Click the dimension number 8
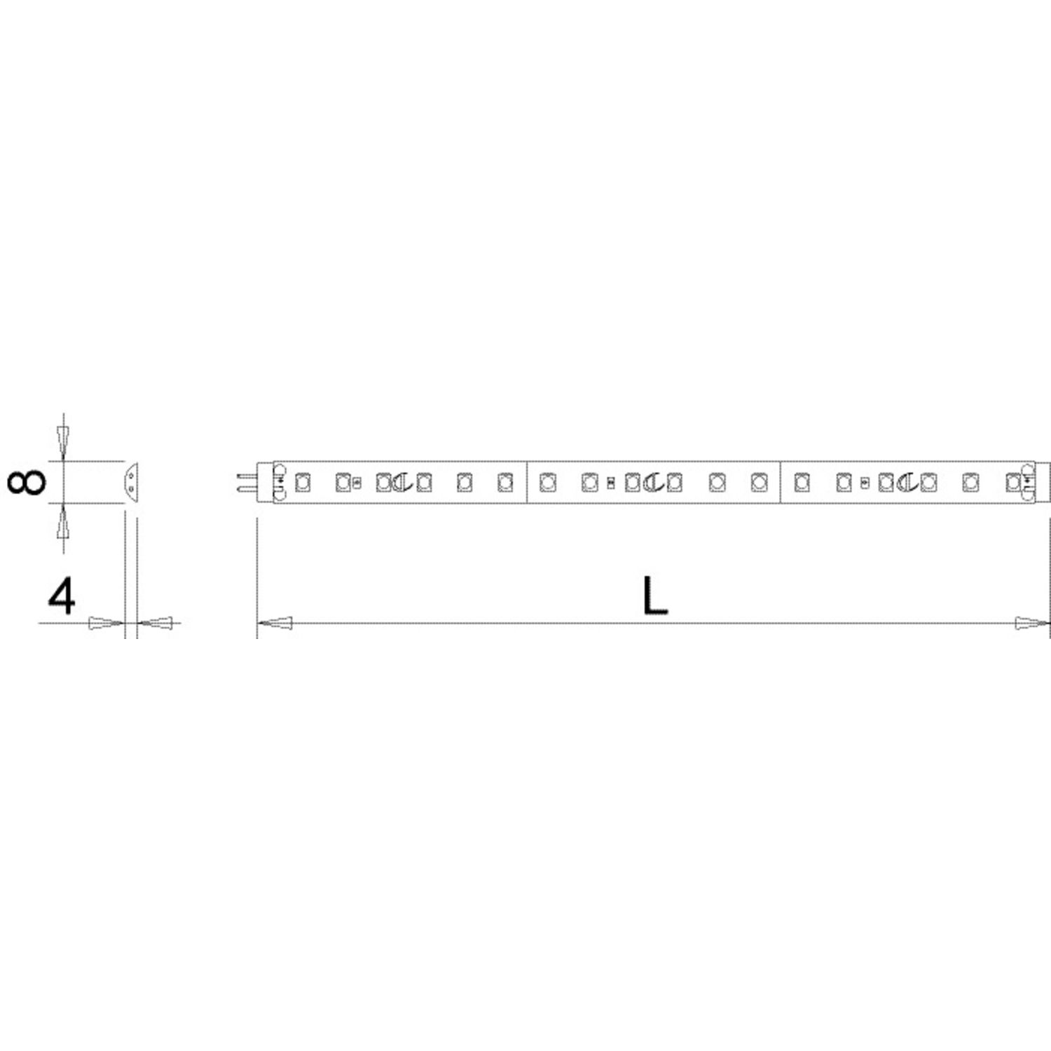(x=26, y=482)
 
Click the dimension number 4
(x=62, y=598)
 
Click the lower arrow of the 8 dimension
(x=63, y=523)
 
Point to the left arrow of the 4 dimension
(x=106, y=622)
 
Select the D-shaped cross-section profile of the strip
(x=131, y=481)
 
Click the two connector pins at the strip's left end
(x=247, y=482)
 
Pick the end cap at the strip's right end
(x=1043, y=482)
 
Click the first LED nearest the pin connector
(x=303, y=482)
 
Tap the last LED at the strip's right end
(x=1012, y=482)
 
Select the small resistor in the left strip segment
(x=357, y=482)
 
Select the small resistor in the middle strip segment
(x=610, y=482)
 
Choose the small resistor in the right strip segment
(x=865, y=482)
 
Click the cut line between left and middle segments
(x=526, y=482)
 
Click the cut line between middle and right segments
(x=781, y=482)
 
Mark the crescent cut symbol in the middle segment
(x=652, y=482)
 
